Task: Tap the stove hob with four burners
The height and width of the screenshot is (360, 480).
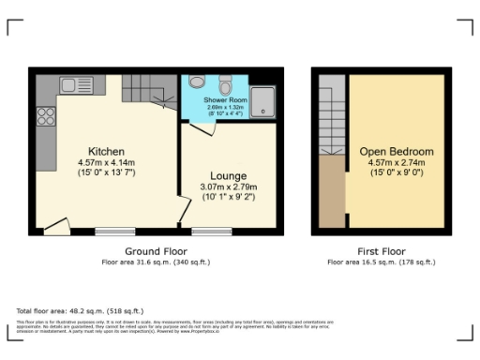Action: point(45,117)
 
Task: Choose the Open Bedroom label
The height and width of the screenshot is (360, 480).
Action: point(397,152)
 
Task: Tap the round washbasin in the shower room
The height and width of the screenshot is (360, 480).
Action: point(196,82)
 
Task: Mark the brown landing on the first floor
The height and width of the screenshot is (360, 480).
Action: point(332,191)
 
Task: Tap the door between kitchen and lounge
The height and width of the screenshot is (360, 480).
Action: point(180,211)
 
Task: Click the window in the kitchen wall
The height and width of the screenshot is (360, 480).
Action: point(113,231)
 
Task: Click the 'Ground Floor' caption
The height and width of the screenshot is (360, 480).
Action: point(155,251)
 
